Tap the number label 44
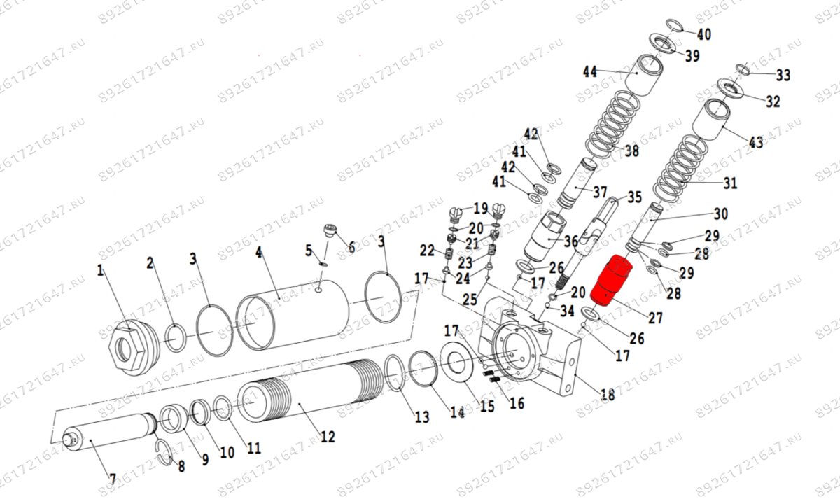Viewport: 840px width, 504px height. [590, 71]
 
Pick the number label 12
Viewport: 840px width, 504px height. [327, 437]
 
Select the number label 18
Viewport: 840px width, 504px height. [608, 395]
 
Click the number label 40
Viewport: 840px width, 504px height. [703, 34]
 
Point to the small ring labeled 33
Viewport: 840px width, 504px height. [743, 69]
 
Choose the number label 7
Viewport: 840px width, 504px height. [112, 479]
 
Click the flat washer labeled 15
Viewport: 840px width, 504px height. [458, 363]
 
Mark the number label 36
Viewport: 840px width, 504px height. [571, 240]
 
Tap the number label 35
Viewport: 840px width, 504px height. [634, 197]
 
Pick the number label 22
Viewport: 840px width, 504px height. [427, 251]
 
